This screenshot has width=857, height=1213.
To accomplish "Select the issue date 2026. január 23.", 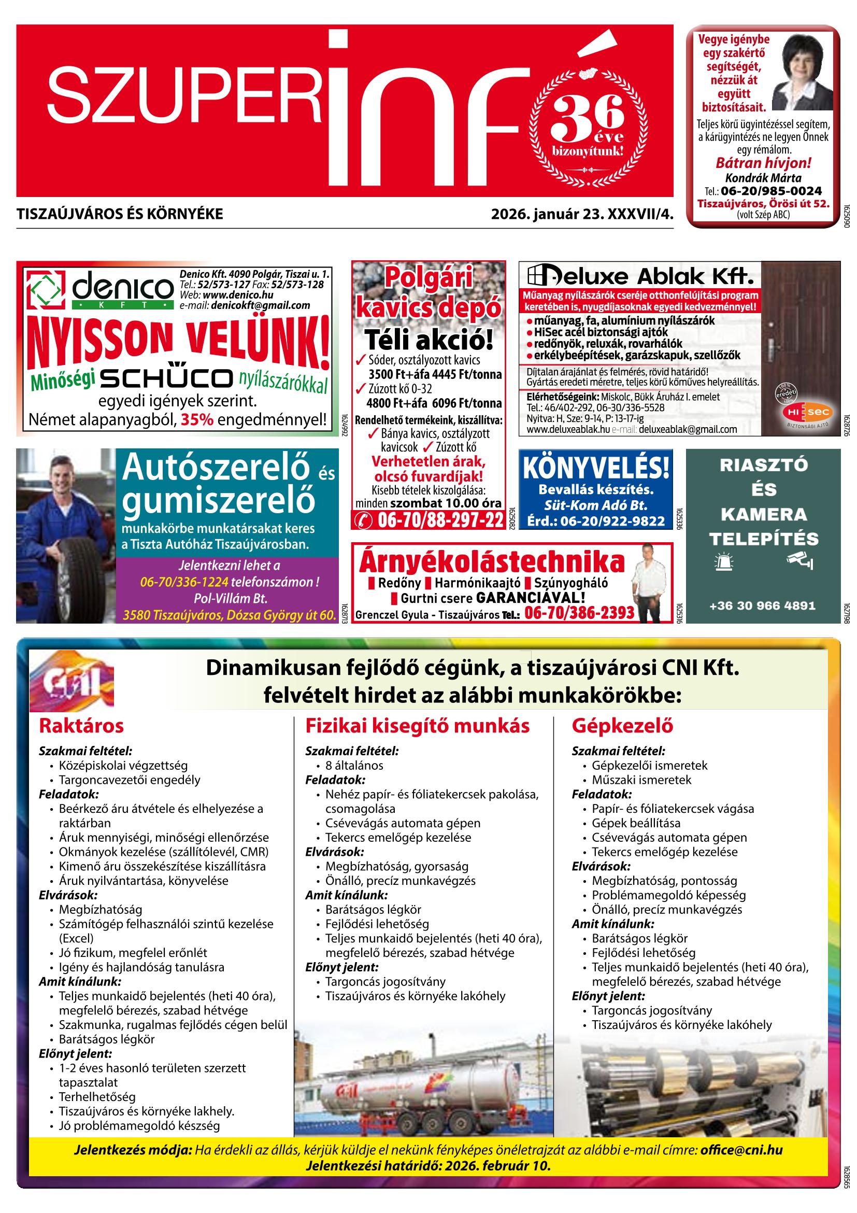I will tap(548, 214).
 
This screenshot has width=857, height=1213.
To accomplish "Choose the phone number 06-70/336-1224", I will tap(184, 582).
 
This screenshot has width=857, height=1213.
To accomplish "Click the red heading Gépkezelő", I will tap(622, 725).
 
